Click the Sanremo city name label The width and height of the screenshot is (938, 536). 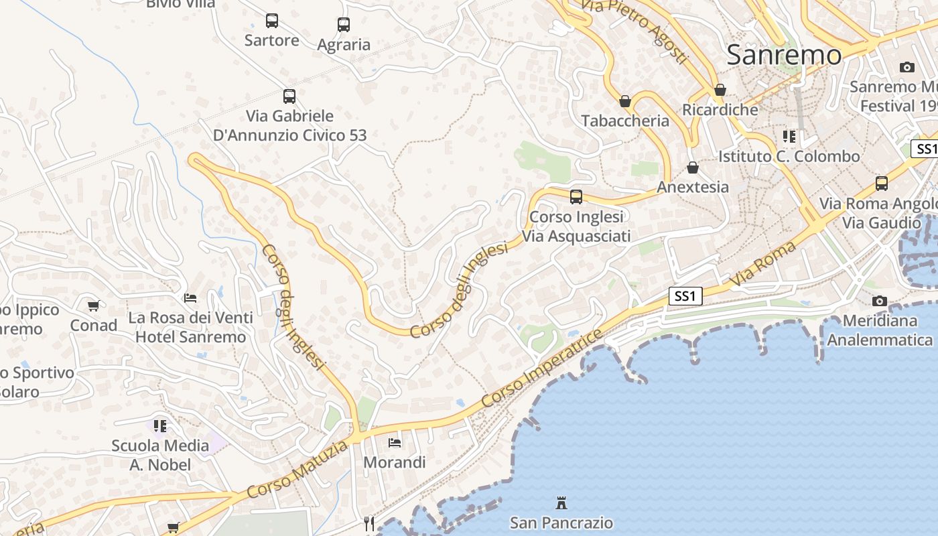click(783, 54)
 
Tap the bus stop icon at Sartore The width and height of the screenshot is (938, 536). click(271, 21)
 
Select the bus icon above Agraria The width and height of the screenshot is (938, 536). click(344, 25)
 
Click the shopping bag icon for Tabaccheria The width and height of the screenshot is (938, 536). click(625, 101)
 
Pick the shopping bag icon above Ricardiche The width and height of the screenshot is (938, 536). click(720, 90)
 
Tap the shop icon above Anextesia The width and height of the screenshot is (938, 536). click(693, 167)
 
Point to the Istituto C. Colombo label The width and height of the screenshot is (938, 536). click(789, 156)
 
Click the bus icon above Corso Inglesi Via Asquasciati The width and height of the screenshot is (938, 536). click(576, 197)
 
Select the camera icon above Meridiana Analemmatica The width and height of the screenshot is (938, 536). click(880, 301)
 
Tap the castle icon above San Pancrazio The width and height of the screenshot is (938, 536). click(561, 503)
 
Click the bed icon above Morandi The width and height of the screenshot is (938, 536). click(395, 443)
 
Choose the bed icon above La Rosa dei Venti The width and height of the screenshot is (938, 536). click(191, 297)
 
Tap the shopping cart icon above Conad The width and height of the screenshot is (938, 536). click(94, 306)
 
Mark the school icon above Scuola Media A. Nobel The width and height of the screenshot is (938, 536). click(160, 425)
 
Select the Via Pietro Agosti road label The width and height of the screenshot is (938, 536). click(634, 30)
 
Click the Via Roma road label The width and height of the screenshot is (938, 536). click(763, 265)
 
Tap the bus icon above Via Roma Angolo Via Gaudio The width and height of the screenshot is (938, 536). click(882, 184)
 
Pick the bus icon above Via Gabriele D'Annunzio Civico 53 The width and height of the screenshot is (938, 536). click(289, 96)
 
